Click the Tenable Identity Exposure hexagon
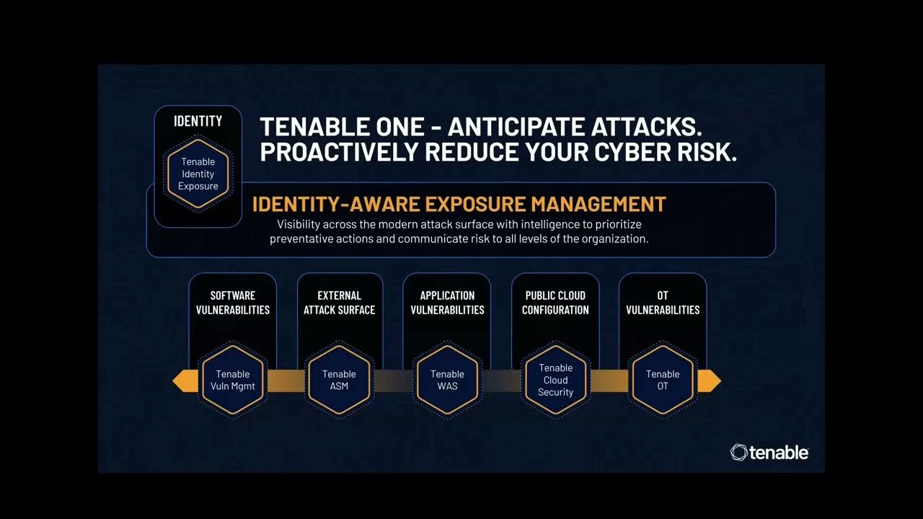[198, 174]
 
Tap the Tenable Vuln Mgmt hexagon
[232, 380]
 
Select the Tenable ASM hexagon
[339, 380]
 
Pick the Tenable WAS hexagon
[447, 380]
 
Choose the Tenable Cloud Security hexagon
[555, 380]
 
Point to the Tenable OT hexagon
[663, 380]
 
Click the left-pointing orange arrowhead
[185, 381]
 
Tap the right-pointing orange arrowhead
[710, 381]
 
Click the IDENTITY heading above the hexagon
[198, 121]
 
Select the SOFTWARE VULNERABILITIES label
[232, 303]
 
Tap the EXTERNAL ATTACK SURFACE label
[339, 303]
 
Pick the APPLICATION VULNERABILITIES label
[447, 303]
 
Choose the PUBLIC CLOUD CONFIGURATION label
[555, 303]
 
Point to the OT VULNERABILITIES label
[663, 303]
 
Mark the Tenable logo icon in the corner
[739, 452]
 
